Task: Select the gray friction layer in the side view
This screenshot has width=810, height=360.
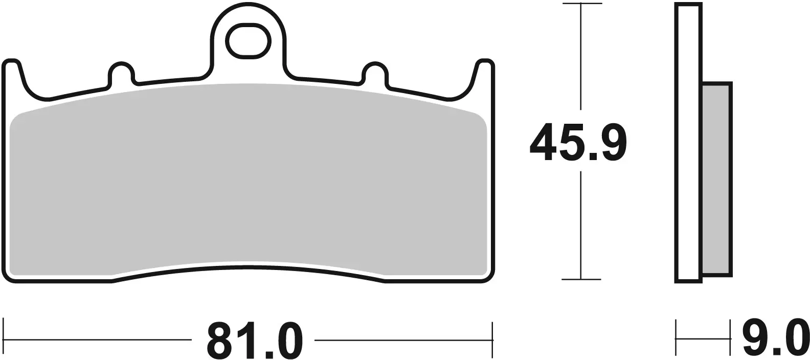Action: coord(716,179)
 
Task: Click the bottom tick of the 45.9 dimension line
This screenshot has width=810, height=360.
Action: coord(580,279)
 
